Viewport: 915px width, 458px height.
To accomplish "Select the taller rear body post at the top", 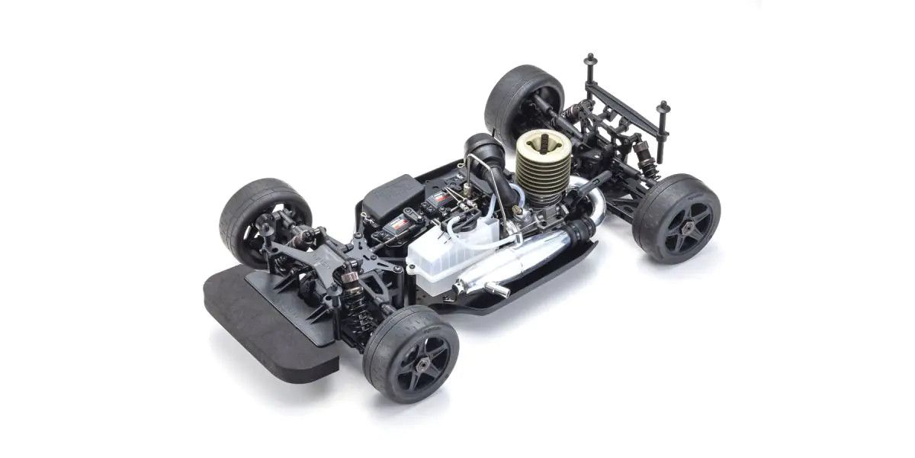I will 590,69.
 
